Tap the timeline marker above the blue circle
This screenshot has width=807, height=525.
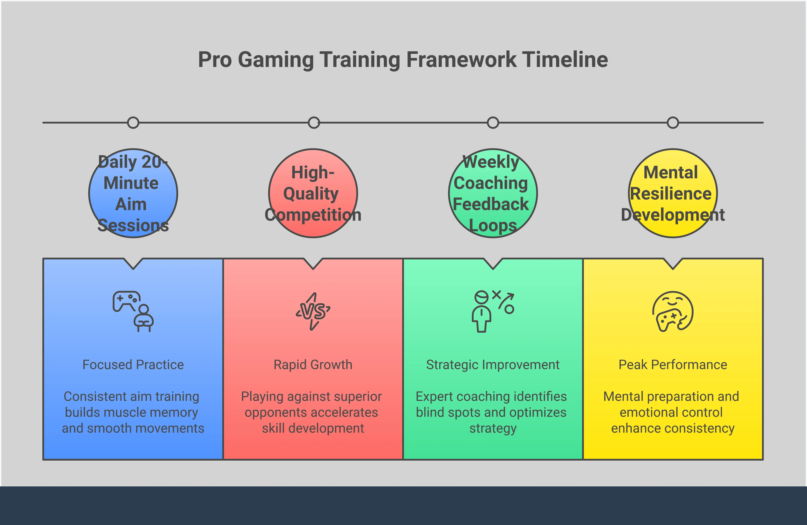(x=133, y=122)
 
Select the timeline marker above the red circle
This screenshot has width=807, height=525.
(x=314, y=122)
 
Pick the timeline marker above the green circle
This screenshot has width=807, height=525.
(x=493, y=122)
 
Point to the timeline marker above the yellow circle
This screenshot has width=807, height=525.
(x=673, y=122)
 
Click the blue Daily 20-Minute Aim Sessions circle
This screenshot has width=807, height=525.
(x=133, y=193)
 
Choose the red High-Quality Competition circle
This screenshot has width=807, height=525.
(x=313, y=193)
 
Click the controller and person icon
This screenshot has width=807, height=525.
(x=133, y=311)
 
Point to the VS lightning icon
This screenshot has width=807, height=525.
(x=313, y=311)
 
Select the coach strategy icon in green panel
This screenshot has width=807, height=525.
(x=493, y=311)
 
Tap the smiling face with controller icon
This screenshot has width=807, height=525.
(x=673, y=311)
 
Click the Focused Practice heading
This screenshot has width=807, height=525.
(x=133, y=365)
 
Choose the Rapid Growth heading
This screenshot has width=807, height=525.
(x=313, y=365)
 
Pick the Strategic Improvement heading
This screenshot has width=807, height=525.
(x=493, y=365)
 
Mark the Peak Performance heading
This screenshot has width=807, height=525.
(x=673, y=365)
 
